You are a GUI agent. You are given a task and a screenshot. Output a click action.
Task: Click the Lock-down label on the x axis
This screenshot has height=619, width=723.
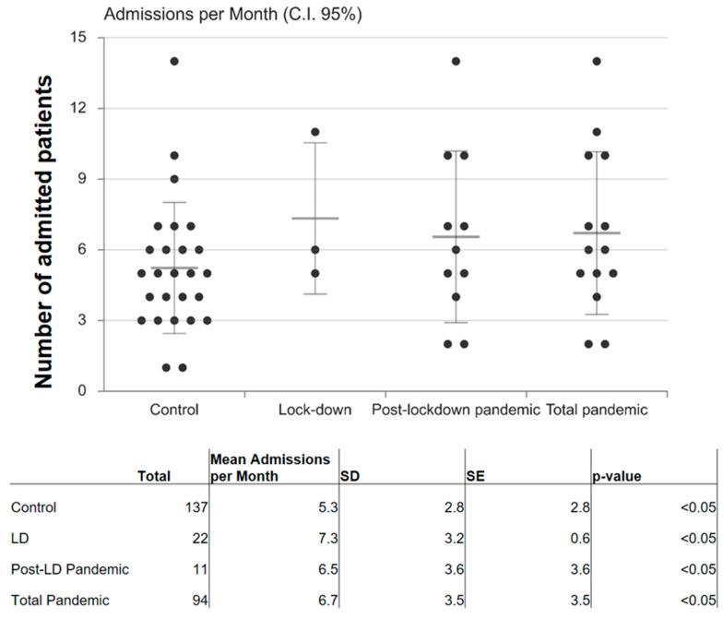click(x=314, y=410)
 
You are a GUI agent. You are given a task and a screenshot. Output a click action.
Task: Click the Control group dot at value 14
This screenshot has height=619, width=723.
click(x=174, y=62)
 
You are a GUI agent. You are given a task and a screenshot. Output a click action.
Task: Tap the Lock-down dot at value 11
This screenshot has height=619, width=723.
click(x=314, y=132)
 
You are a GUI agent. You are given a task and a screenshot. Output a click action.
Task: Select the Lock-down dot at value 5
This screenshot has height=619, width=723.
click(x=314, y=273)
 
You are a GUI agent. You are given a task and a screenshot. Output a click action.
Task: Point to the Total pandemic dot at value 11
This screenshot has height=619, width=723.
click(x=597, y=132)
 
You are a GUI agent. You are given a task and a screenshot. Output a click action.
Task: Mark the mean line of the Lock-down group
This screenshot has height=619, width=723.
click(x=314, y=219)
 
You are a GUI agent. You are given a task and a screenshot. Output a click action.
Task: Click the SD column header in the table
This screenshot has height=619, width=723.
click(x=350, y=477)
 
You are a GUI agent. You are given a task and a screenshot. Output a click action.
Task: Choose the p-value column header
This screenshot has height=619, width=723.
click(x=617, y=477)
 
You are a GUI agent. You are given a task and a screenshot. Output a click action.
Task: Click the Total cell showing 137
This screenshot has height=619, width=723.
click(x=196, y=507)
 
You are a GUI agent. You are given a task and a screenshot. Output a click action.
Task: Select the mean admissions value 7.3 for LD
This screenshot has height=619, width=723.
click(x=325, y=538)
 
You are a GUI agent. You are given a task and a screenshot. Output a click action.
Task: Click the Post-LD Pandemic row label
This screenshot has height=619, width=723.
click(x=70, y=569)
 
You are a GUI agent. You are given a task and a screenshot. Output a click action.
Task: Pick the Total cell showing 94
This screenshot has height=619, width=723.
click(x=199, y=601)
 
